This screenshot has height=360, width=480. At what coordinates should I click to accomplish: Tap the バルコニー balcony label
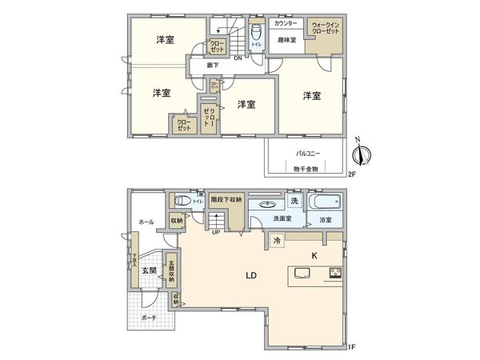308,150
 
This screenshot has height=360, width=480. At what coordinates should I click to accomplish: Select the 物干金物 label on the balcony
306,169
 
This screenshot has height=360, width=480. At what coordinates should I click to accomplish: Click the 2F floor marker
352,174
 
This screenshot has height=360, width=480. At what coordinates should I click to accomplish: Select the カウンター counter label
286,24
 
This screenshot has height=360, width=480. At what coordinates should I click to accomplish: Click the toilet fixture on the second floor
256,34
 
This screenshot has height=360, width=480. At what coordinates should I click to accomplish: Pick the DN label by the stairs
238,58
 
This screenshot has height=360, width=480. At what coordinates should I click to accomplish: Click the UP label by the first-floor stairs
215,233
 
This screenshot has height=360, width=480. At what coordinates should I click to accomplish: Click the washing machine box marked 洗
294,199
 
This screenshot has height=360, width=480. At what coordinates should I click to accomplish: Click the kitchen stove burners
334,275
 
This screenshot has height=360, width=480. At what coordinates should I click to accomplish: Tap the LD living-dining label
250,276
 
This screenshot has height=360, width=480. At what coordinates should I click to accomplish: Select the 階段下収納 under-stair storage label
226,200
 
